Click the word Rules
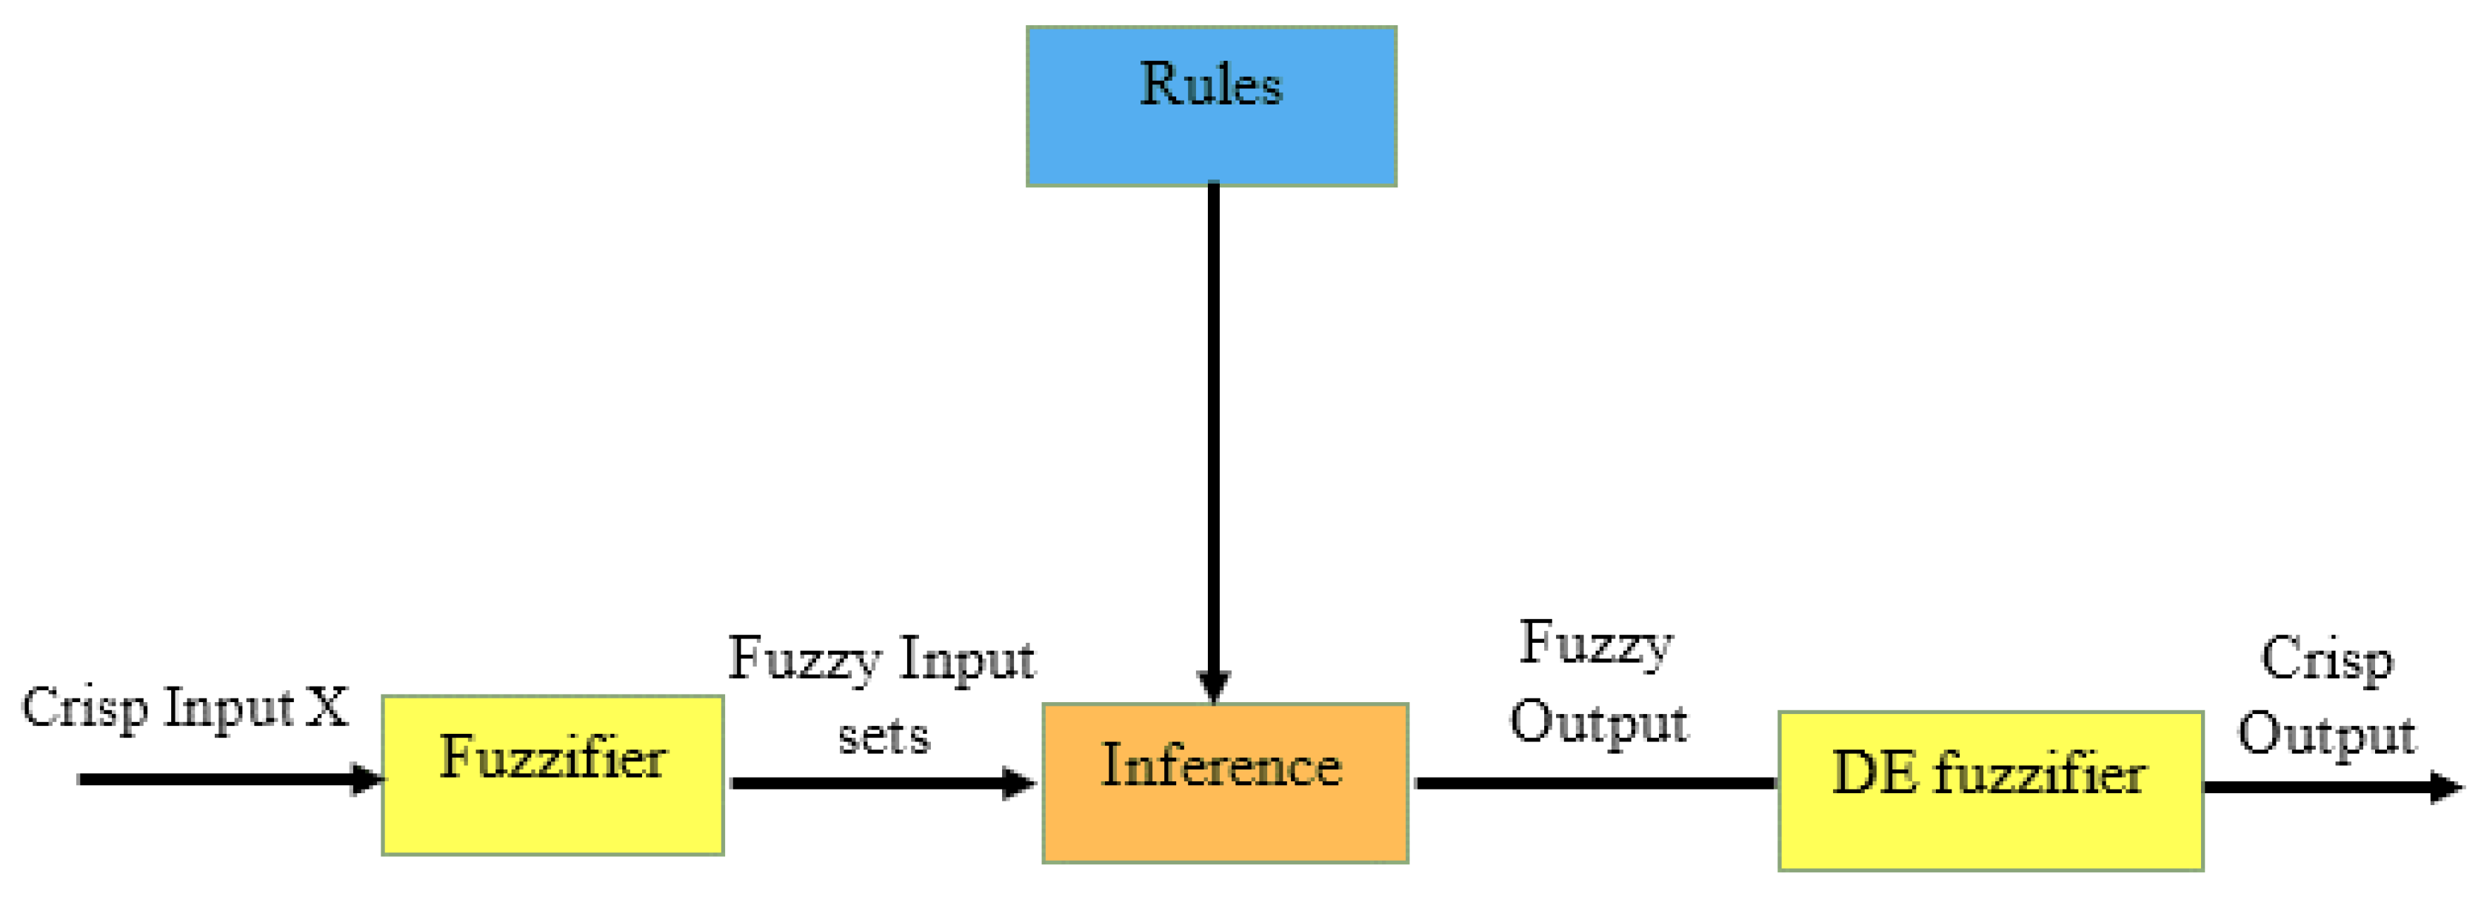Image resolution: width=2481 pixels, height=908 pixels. (1211, 84)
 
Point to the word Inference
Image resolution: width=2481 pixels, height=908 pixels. (1221, 766)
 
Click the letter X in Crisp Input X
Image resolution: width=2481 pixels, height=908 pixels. (327, 708)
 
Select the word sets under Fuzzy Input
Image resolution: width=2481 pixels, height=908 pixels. (884, 737)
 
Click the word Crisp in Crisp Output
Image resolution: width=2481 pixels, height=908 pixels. (2326, 661)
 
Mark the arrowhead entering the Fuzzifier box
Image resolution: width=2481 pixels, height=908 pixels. (367, 779)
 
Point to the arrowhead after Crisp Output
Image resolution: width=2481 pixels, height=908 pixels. (2446, 787)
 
